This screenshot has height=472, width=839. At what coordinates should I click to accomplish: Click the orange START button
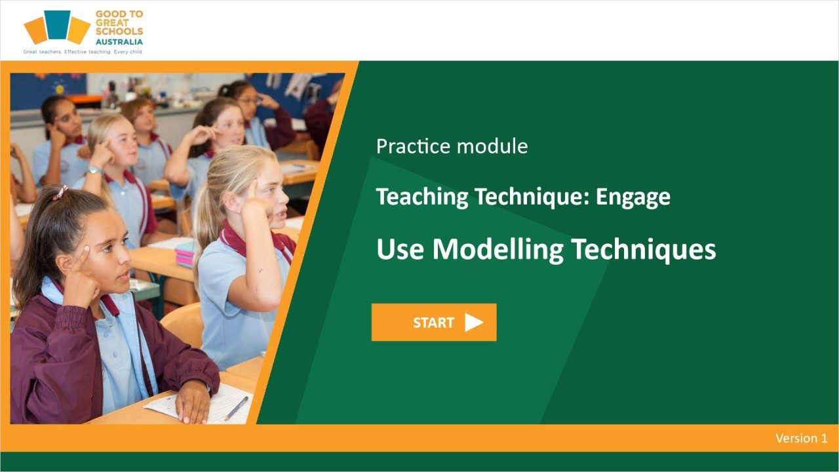433,322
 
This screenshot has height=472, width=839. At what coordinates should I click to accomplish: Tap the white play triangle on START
473,323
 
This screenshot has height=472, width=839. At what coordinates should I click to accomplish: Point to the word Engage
633,197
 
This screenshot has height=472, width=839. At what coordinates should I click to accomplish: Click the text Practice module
452,146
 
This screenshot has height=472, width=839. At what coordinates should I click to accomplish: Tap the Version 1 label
801,438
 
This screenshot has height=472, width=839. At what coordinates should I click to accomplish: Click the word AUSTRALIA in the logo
119,41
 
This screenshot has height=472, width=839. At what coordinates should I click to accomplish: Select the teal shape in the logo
57,24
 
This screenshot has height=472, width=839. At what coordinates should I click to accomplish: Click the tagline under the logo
83,51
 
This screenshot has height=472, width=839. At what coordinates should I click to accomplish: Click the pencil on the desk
235,408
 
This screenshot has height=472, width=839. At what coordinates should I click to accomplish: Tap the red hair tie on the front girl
61,192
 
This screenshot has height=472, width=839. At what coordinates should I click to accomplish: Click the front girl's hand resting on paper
193,401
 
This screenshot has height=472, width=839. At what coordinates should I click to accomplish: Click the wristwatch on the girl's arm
94,170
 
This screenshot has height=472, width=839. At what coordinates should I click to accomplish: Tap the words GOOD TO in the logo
119,14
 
